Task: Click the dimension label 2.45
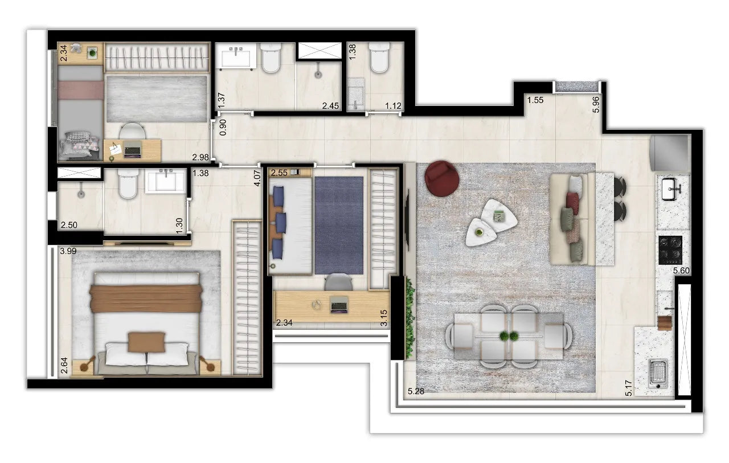click(x=330, y=106)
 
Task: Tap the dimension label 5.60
click(x=681, y=271)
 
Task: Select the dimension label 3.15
click(x=384, y=317)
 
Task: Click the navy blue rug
click(x=339, y=225)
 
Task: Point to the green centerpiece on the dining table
click(x=509, y=336)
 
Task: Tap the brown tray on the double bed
click(x=146, y=342)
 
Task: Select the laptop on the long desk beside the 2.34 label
click(x=339, y=306)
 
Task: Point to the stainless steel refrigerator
click(x=671, y=152)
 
